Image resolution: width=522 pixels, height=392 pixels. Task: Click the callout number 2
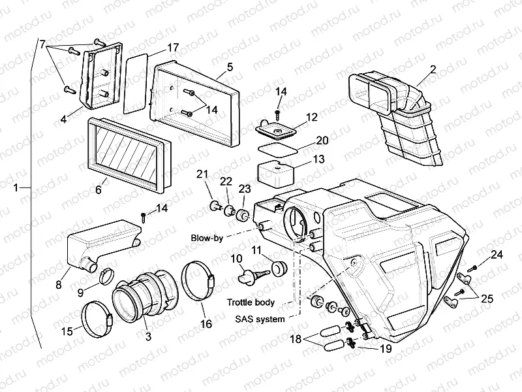[x=433, y=69]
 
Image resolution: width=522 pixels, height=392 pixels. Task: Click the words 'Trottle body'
[x=251, y=302]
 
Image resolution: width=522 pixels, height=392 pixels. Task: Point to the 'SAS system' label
[x=261, y=319]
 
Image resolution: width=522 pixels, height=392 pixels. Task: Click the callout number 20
[x=322, y=140]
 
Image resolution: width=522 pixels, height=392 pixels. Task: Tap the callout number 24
[x=497, y=253]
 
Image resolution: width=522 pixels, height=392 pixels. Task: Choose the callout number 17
[x=172, y=48]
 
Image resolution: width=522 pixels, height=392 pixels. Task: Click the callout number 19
[x=386, y=349]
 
